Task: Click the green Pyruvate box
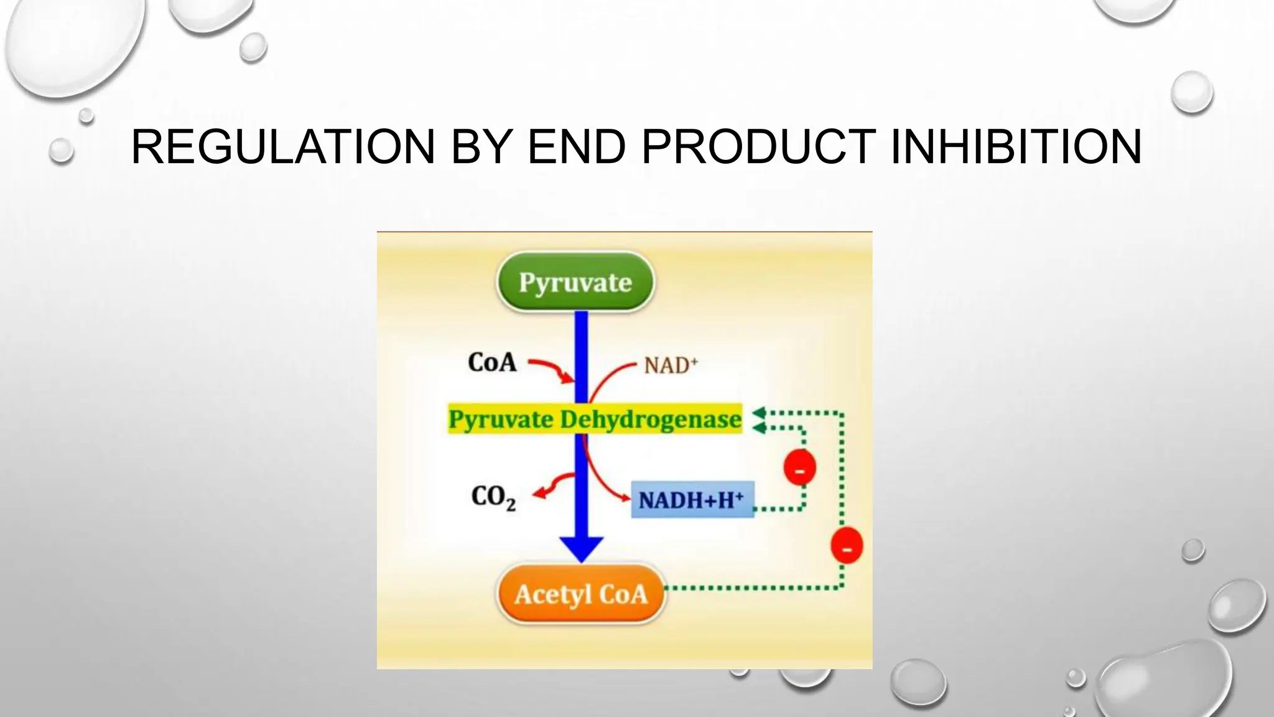pos(575,282)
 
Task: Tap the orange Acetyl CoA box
pos(581,594)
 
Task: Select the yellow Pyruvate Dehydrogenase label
pos(595,419)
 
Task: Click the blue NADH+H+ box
pos(692,500)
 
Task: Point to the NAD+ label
pos(671,365)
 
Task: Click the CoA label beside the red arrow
pos(492,362)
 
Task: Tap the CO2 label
pos(493,497)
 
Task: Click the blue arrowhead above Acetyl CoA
pos(582,548)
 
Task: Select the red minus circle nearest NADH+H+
pos(799,468)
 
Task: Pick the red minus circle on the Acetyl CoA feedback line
pos(847,546)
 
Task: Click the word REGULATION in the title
pos(283,147)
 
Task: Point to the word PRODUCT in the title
pos(758,147)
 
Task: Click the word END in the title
pos(576,147)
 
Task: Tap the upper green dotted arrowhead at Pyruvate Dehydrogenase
pos(758,413)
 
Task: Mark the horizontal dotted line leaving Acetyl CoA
pos(753,588)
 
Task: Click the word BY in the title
pos(481,147)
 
